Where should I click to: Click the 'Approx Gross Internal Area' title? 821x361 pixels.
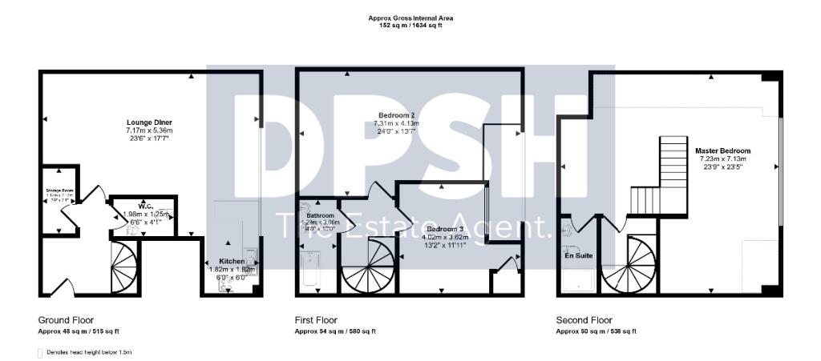tap(410, 18)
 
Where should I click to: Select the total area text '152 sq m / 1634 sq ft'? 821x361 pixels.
tap(410, 26)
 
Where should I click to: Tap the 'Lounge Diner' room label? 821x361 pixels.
tap(149, 122)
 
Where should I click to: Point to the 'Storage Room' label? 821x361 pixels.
tap(59, 191)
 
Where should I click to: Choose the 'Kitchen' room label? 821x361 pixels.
tap(232, 262)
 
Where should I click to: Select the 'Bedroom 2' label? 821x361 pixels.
tap(398, 115)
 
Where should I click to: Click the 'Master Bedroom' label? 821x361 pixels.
tap(723, 150)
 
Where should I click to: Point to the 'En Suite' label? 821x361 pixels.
tap(577, 258)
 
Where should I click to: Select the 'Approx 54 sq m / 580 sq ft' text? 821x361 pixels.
tap(335, 331)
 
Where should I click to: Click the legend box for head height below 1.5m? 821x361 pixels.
tap(41, 351)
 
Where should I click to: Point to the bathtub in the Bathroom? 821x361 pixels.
tap(309, 271)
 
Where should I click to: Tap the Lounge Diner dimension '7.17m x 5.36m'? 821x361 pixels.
tap(149, 130)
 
